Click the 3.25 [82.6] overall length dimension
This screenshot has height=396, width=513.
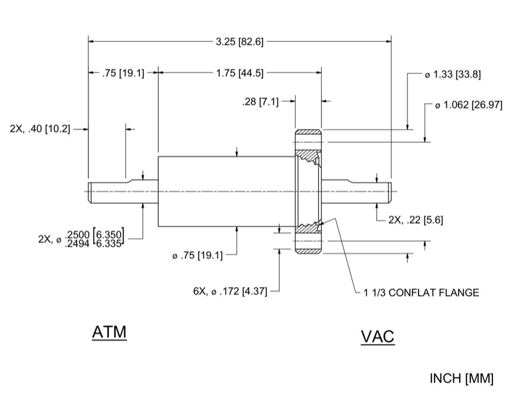click(x=240, y=41)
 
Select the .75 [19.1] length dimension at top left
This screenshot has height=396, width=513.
click(x=123, y=73)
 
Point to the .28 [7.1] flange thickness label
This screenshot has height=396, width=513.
click(x=260, y=102)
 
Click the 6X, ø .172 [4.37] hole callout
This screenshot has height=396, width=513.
click(x=229, y=290)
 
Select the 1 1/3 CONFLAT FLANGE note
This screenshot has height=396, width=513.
click(x=421, y=292)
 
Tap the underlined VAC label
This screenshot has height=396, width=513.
click(x=377, y=337)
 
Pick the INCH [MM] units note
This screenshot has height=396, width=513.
click(x=462, y=379)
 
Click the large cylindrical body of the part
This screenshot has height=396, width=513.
click(x=226, y=191)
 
